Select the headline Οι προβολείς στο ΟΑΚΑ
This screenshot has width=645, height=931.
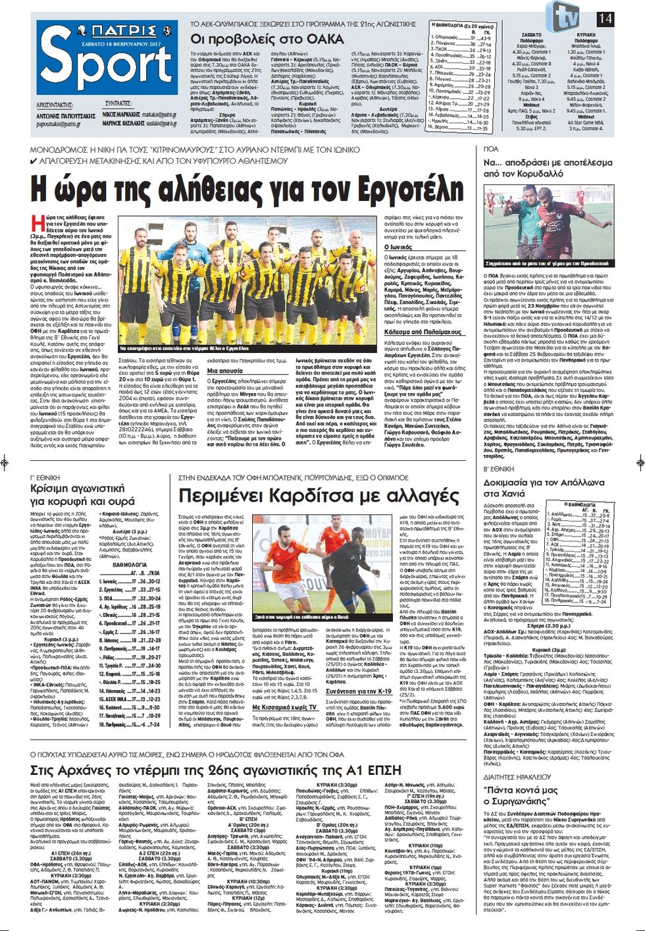pyautogui.click(x=267, y=39)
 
